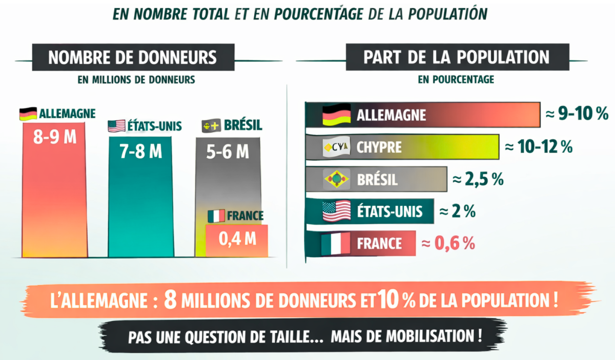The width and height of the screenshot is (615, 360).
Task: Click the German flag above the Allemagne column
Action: coord(28,114)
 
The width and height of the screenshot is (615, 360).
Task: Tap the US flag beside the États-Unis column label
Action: coord(116,126)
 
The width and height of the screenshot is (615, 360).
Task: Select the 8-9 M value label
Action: coord(54,138)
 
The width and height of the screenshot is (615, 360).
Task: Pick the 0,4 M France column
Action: coord(237,240)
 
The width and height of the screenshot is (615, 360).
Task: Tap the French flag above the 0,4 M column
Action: coord(216,216)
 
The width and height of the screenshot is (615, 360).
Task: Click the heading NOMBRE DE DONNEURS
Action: coord(132,57)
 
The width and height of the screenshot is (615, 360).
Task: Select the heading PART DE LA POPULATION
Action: coord(457,57)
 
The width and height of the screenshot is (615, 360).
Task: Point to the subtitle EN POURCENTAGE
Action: coord(456,79)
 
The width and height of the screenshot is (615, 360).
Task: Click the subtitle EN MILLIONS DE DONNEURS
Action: coord(136,79)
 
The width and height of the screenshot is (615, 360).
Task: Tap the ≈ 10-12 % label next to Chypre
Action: coord(538,147)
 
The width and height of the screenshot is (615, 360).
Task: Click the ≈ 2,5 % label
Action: coord(478,179)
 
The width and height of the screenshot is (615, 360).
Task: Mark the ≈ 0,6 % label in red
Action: coord(448,243)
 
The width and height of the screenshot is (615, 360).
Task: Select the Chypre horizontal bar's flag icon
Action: coord(336,148)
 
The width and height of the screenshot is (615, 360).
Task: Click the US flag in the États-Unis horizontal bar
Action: coord(336,211)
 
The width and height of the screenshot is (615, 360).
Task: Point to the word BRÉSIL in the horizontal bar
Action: coord(377,180)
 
